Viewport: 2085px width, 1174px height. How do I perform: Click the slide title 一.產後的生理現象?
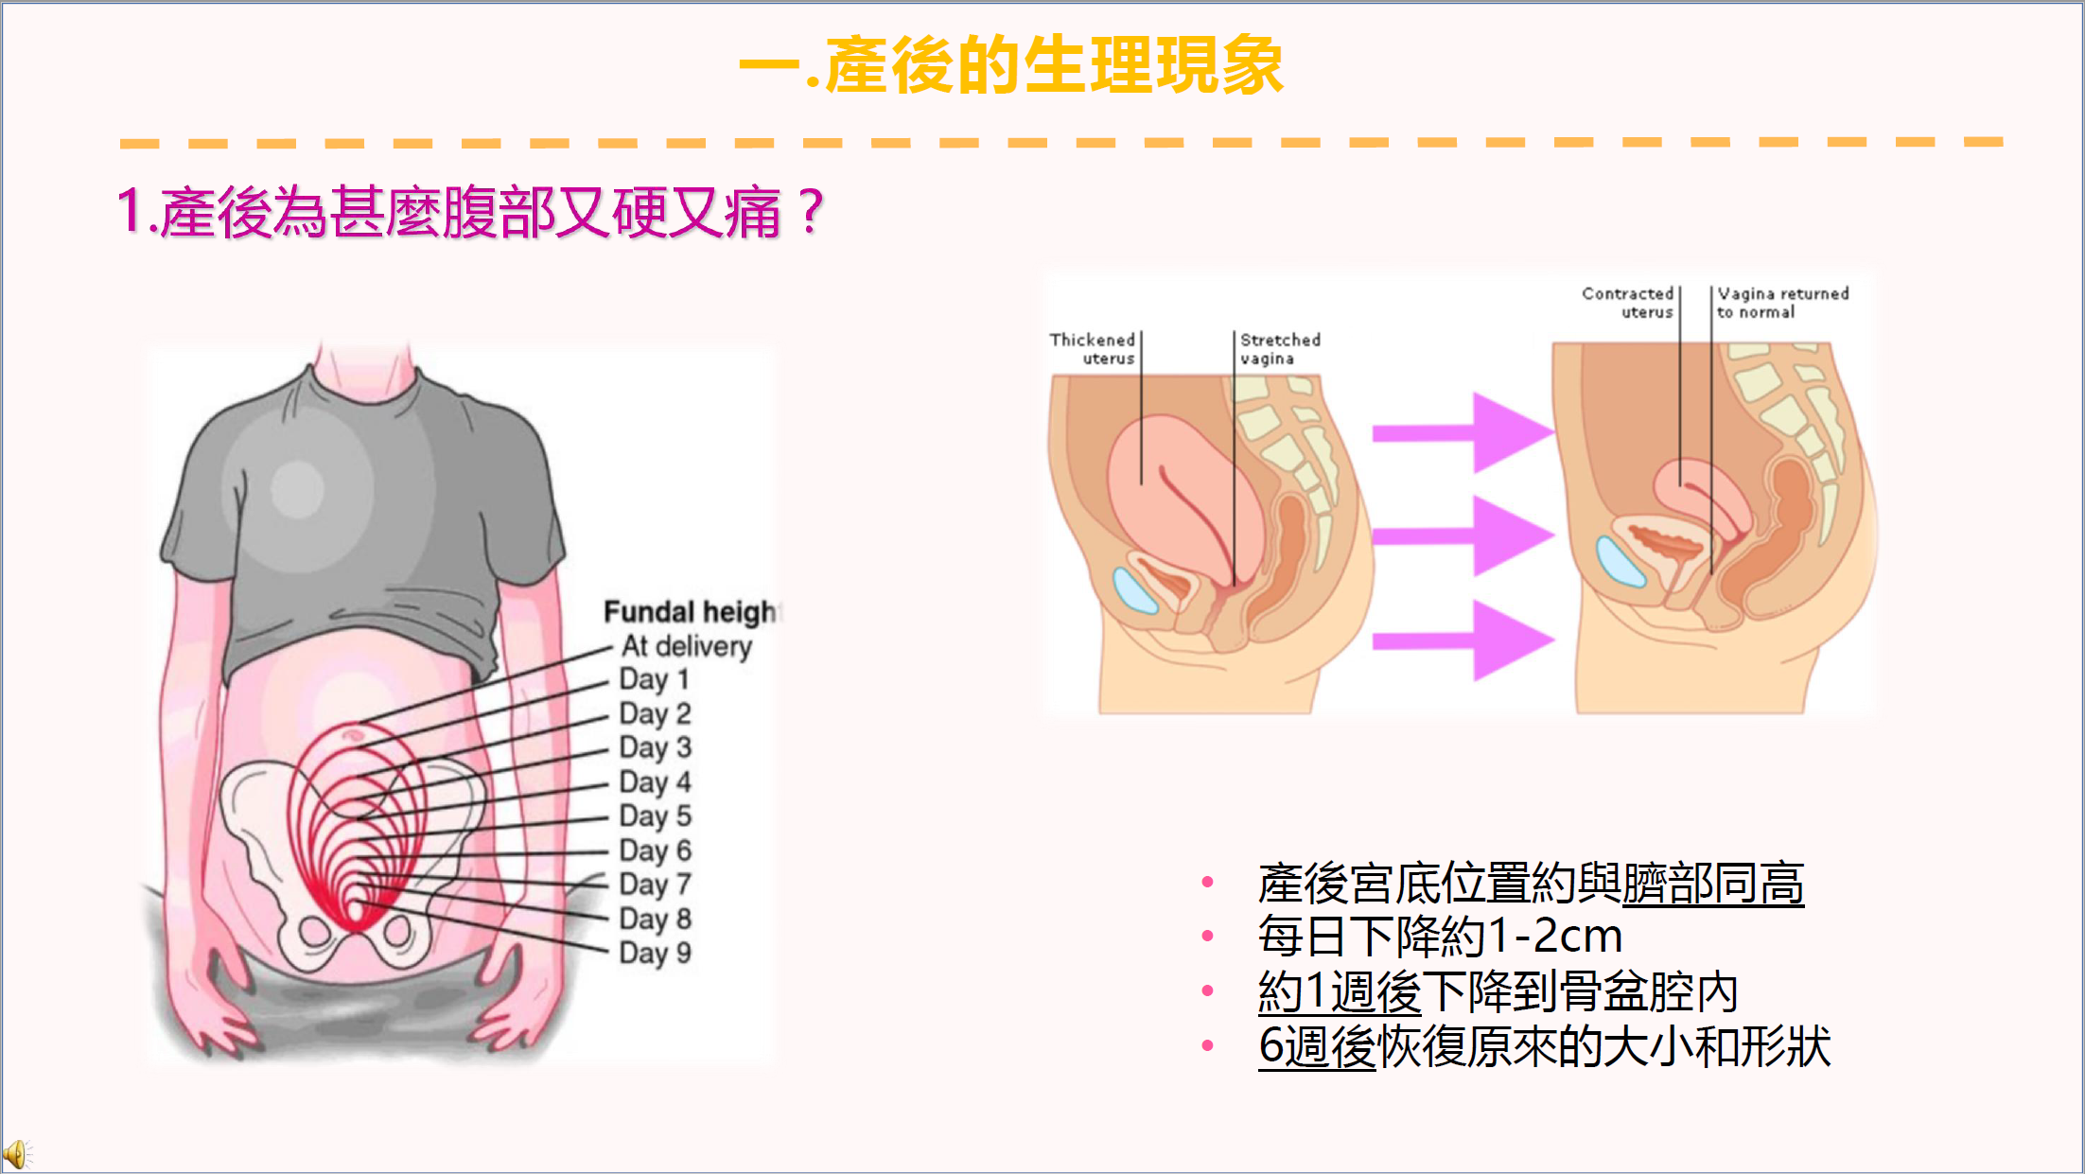(1010, 65)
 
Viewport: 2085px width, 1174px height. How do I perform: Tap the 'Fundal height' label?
(691, 612)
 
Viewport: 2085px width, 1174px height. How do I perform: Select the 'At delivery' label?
(687, 646)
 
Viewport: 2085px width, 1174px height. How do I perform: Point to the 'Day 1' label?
(655, 679)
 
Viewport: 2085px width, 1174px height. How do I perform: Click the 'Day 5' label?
(656, 815)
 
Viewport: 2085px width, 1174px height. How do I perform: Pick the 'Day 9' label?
(656, 953)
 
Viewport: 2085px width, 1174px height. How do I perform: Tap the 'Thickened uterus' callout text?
(1093, 348)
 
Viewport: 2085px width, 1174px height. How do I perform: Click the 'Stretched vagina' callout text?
(1280, 348)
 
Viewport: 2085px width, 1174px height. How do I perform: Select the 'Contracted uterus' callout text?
(1628, 303)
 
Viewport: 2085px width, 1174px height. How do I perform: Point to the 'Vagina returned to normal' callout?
(1783, 303)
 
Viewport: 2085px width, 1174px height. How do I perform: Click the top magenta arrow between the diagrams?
(1463, 432)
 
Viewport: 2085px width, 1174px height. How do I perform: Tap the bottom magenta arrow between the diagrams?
(1463, 640)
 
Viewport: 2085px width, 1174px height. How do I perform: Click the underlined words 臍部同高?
(1713, 885)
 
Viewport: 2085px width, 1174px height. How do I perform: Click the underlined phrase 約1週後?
(1340, 992)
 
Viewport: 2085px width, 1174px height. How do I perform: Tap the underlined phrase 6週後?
(1317, 1047)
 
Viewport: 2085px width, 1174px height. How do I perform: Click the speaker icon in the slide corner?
(17, 1154)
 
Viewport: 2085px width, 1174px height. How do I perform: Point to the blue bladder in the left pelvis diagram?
(1135, 590)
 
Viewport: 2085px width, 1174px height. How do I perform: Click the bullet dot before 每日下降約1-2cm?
(1207, 937)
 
